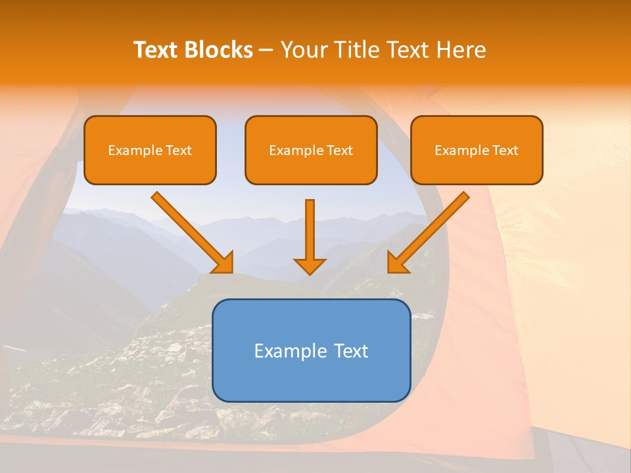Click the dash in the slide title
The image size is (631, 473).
click(x=266, y=51)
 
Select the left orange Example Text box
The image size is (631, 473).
click(x=150, y=150)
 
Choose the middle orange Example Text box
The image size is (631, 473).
click(x=311, y=150)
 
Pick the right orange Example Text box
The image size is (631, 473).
click(x=477, y=150)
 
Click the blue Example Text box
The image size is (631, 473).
click(x=311, y=350)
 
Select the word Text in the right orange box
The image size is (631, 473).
click(x=506, y=150)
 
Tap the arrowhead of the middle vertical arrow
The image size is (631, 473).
click(x=310, y=265)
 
